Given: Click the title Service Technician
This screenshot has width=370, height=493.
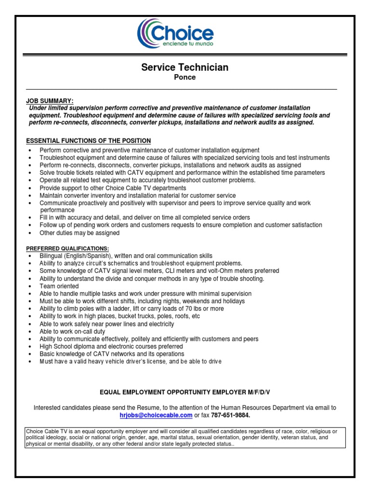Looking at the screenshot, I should (x=185, y=67).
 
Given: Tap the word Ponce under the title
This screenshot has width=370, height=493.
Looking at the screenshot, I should (x=185, y=78).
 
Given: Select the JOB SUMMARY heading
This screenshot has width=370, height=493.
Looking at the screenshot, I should (x=50, y=101).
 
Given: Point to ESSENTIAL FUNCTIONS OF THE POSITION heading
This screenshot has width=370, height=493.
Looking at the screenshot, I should (x=88, y=141).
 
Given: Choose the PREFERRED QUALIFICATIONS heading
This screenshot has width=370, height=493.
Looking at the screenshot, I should (x=67, y=248).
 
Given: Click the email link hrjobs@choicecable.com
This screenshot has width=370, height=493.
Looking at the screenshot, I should (x=156, y=415).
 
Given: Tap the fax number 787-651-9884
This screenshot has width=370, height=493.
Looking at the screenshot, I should (x=231, y=415).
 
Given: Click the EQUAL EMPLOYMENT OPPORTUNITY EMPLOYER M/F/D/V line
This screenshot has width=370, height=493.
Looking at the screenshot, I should (x=185, y=392).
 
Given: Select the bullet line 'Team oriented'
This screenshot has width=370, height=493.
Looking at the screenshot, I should (x=59, y=286).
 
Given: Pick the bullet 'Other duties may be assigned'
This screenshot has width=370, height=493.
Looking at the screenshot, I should (x=79, y=233).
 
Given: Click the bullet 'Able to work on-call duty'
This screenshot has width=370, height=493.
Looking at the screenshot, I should (x=72, y=332).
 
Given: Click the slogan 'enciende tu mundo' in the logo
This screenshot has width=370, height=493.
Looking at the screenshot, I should (x=186, y=43).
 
